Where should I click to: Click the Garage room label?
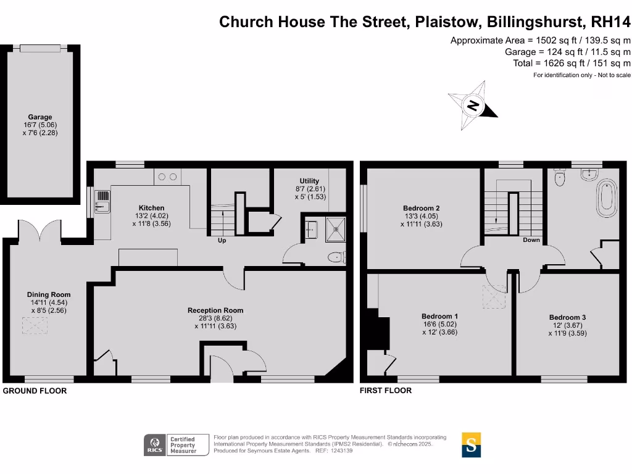click(x=40, y=117)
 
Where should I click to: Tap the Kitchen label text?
click(x=151, y=208)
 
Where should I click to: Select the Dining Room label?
click(x=49, y=294)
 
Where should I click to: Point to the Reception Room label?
click(x=215, y=310)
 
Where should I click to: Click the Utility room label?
click(x=309, y=181)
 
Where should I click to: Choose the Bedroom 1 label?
click(x=439, y=316)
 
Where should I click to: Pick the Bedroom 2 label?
click(x=421, y=208)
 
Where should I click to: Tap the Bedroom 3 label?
click(x=567, y=318)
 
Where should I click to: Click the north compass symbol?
click(x=473, y=106)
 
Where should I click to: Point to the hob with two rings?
click(x=167, y=177)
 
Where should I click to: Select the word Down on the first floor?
click(x=531, y=240)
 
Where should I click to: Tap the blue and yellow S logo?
click(x=472, y=444)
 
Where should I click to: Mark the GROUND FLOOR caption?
click(x=35, y=391)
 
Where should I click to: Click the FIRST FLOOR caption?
click(x=386, y=390)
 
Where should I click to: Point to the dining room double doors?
click(x=40, y=230)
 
